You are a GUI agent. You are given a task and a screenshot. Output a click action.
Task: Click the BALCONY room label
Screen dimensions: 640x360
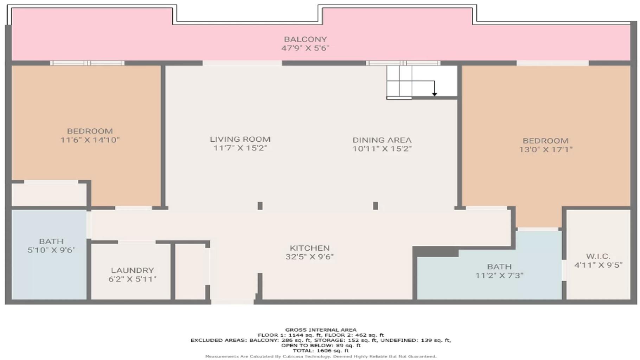coord(305,39)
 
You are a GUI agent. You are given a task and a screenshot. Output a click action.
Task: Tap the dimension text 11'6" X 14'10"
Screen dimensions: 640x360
coord(90,140)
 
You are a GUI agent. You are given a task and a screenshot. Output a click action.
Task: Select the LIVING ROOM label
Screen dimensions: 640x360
coord(240,139)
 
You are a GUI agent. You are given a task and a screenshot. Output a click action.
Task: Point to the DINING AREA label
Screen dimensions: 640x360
coord(382,140)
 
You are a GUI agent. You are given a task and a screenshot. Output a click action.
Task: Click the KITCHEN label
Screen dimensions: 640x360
coord(309,248)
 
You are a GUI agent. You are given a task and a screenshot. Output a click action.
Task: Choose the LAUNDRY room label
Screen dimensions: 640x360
coord(133,270)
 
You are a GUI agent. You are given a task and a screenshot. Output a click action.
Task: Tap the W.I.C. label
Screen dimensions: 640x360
coord(598,256)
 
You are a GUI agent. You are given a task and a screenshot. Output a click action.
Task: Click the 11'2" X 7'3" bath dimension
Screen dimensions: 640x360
coord(499,276)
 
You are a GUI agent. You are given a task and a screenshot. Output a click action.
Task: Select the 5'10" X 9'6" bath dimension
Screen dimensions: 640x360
coord(51,250)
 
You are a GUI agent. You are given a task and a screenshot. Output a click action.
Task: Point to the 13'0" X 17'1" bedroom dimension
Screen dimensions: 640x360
coord(546,149)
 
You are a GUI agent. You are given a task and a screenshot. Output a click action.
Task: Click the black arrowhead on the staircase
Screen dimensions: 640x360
coord(435,94)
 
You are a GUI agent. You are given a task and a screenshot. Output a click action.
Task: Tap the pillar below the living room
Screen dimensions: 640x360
coord(260,206)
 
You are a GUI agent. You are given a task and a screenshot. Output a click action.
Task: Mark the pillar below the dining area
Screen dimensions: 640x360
coord(376,206)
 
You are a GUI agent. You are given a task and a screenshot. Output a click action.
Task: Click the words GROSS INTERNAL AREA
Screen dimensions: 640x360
coord(321,330)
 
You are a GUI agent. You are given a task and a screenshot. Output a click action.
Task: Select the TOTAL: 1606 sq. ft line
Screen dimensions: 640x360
coord(321,351)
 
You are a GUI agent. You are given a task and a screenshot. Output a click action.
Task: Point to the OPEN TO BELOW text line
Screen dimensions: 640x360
coord(321,345)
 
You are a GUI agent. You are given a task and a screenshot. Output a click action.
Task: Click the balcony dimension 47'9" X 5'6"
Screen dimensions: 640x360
coord(305,48)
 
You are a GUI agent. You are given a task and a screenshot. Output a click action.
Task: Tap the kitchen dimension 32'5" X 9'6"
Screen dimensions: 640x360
coord(309,257)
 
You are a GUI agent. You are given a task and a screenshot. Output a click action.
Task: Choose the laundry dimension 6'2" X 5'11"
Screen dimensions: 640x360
coord(133,279)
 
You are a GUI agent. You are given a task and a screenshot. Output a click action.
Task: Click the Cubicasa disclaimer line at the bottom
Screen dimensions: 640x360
coord(321,356)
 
